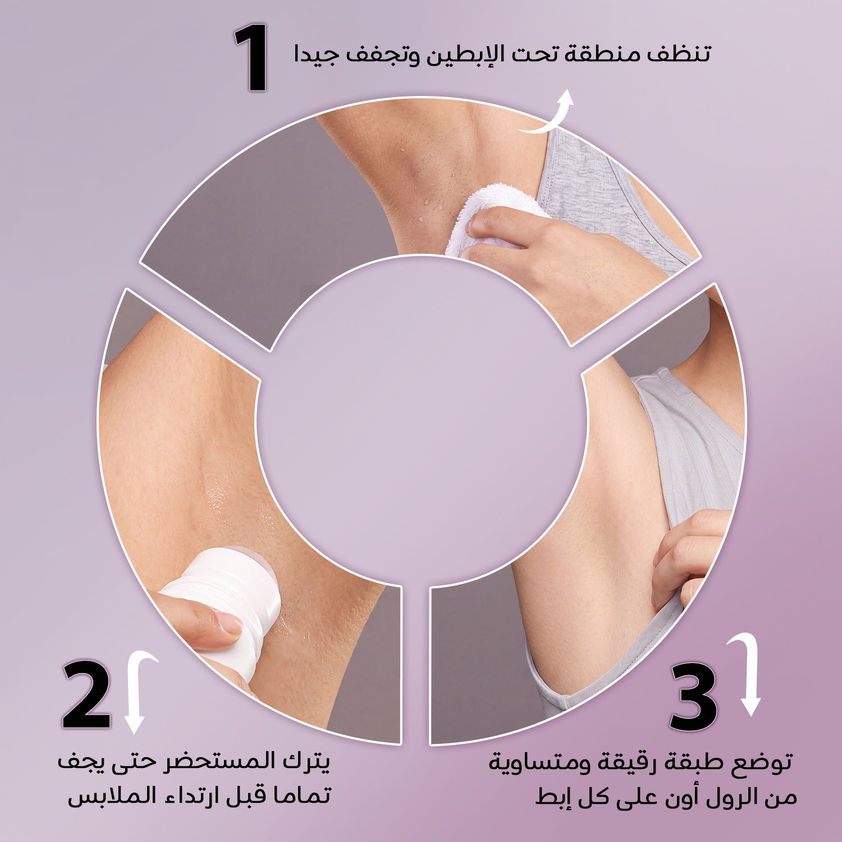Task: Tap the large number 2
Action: [x=86, y=695]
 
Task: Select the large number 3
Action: [x=694, y=697]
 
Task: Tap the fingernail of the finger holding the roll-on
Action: [x=228, y=623]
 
